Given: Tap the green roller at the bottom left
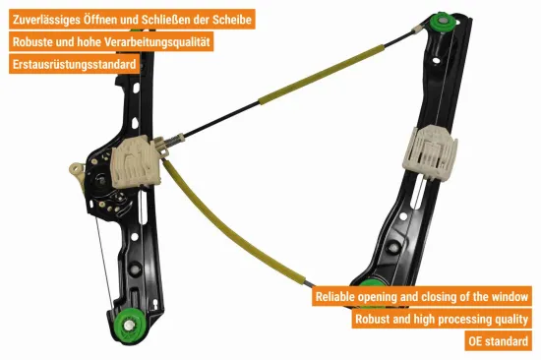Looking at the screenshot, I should (127, 325).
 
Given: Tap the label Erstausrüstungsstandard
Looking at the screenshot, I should (74, 64).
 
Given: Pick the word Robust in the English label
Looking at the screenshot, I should (376, 319).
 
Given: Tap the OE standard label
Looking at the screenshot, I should (500, 341).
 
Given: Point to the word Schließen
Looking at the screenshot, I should (169, 19).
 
